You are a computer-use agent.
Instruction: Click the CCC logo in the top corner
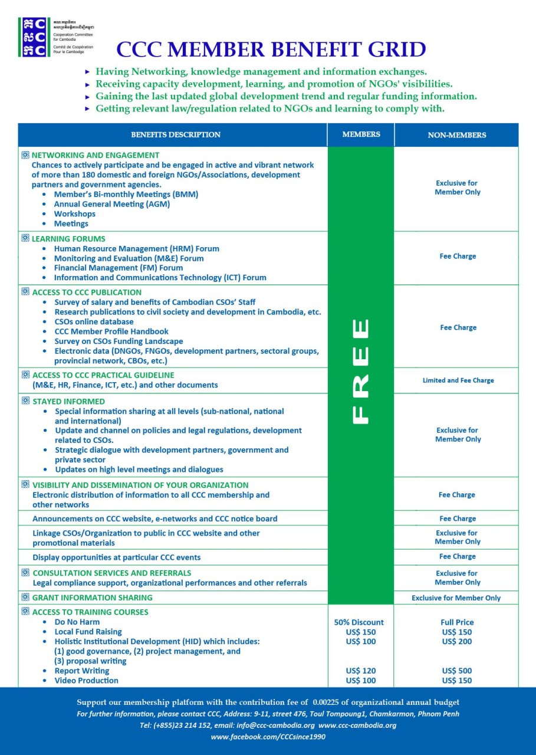coord(33,37)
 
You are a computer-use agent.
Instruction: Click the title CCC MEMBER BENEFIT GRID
coord(271,49)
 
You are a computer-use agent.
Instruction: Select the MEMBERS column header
coord(361,134)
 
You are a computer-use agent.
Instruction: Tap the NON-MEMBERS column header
coord(457,135)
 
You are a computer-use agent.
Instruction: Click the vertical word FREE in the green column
coord(360,371)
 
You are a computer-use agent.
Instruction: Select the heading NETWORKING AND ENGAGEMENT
coord(95,155)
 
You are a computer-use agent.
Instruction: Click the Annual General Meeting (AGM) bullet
coord(111,204)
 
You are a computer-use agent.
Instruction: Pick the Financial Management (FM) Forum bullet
coord(118,268)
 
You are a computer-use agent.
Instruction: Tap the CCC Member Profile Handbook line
coord(111,331)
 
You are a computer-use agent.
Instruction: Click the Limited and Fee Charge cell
coord(458,380)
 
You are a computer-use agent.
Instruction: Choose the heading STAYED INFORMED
coord(68,402)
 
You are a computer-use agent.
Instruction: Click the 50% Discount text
coord(359,622)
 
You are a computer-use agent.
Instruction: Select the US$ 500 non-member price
coord(457,671)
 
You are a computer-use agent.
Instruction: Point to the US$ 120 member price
coord(361,671)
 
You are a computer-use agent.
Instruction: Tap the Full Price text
coord(457,622)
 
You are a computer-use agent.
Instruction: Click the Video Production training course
coord(86,681)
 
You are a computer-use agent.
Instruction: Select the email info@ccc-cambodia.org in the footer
coord(275,725)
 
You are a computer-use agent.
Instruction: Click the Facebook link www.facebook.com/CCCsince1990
coord(268,737)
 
